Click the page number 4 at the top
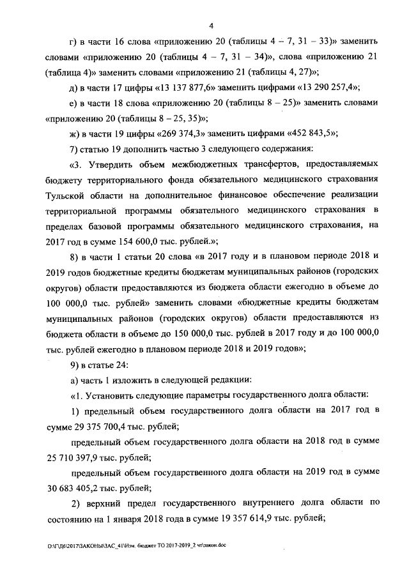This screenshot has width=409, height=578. (210, 25)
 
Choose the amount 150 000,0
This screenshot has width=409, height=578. (190, 333)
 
